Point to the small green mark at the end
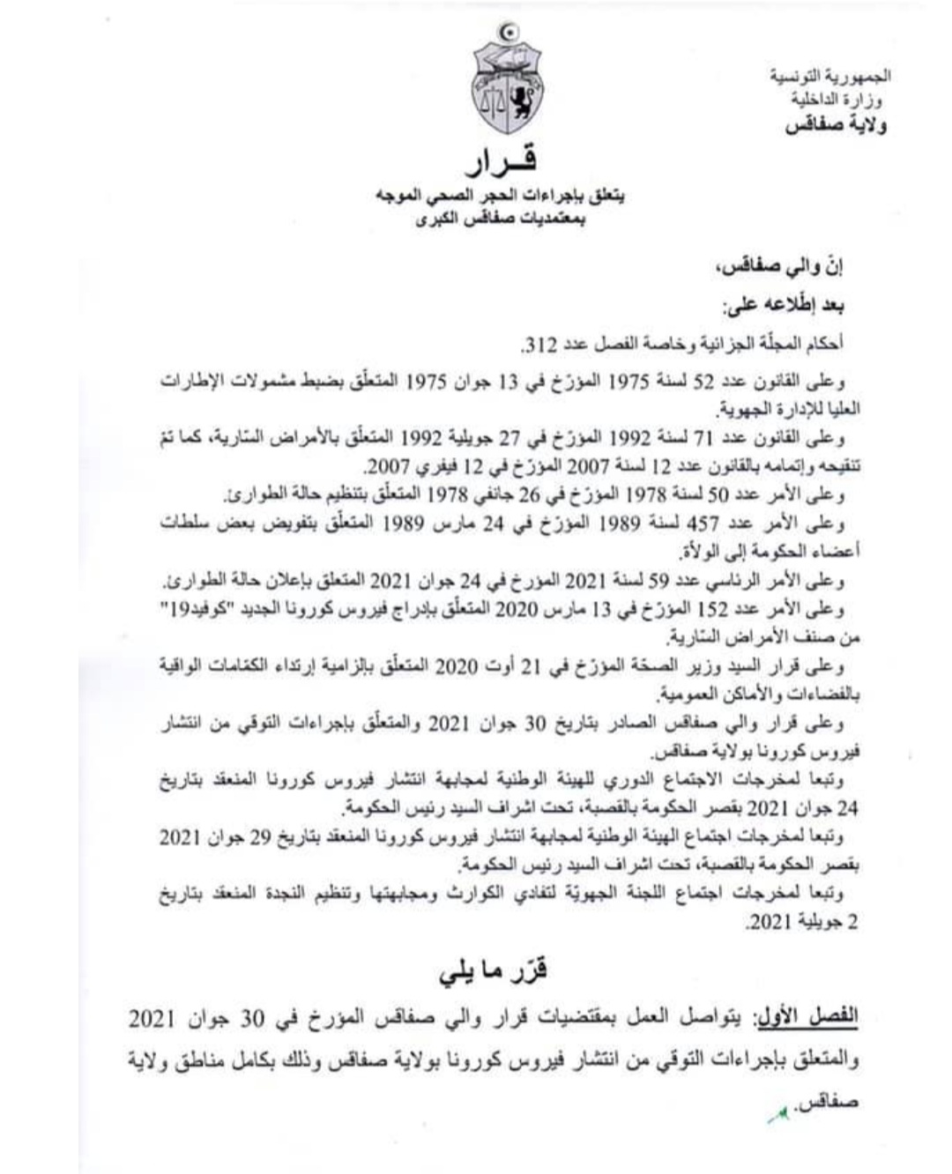[777, 1112]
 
